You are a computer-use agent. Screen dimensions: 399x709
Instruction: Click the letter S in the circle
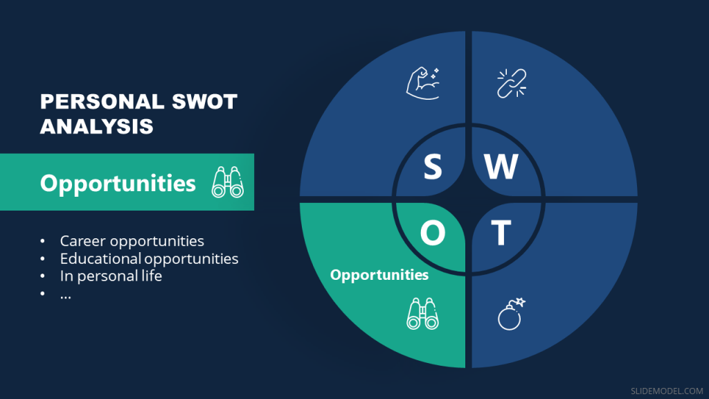(433, 167)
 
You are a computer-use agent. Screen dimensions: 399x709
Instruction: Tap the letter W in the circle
(501, 167)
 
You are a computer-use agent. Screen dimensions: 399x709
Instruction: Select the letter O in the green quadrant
(433, 234)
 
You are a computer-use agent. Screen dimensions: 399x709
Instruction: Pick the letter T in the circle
(501, 234)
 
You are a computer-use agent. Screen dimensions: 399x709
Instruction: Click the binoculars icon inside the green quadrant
(422, 314)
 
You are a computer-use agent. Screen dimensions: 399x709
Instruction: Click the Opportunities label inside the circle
(379, 275)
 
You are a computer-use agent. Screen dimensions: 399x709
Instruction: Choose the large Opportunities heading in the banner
(118, 183)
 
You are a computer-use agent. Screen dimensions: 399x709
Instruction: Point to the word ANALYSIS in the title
(97, 127)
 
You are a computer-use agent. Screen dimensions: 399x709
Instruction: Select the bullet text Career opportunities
(132, 241)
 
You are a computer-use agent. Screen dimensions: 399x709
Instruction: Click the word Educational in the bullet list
(100, 259)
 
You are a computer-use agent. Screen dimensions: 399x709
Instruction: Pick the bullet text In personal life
(111, 276)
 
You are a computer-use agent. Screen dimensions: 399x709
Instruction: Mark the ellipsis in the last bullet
(66, 294)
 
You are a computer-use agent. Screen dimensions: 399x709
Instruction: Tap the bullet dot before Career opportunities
(43, 242)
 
